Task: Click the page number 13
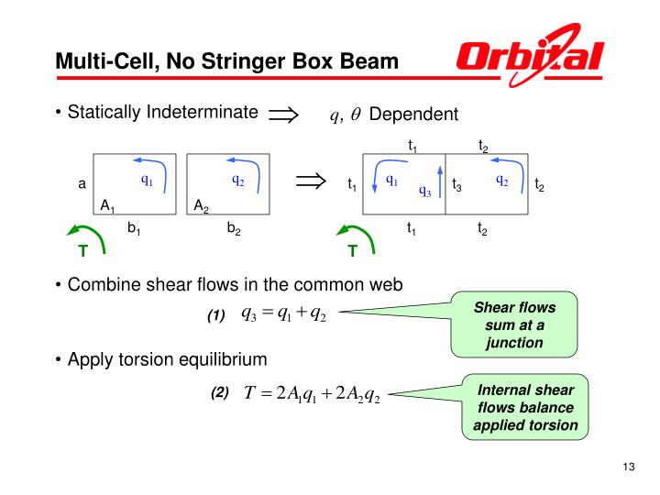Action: coord(628,470)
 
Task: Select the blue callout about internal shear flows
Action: coord(525,408)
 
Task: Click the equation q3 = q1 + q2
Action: coord(283,313)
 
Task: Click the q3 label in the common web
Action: coord(425,191)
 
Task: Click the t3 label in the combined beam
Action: coord(456,186)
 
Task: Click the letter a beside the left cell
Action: coord(82,184)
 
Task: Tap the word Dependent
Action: coord(412,115)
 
